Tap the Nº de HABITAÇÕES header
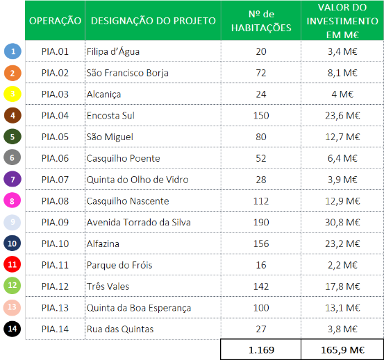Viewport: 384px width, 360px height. [260, 21]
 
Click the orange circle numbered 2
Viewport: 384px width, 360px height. [12, 72]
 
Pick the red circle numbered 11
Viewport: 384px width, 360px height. [12, 264]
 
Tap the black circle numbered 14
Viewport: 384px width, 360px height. [12, 329]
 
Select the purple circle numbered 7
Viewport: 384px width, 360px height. [12, 179]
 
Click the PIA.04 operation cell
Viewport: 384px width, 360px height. [55, 115]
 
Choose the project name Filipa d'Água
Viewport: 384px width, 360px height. [114, 51]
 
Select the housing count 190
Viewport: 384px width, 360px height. [260, 222]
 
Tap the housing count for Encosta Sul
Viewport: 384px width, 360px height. [260, 115]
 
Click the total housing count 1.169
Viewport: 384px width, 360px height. [260, 350]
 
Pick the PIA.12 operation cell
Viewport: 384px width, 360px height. [55, 286]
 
